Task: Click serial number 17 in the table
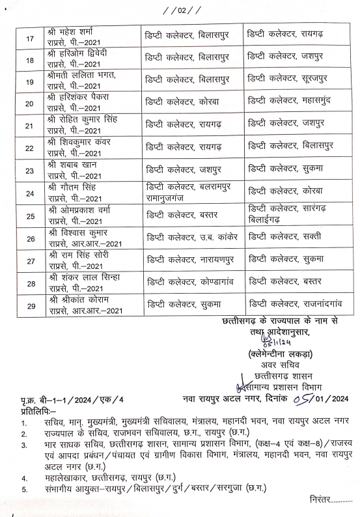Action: click(x=29, y=38)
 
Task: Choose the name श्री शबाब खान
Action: click(x=72, y=166)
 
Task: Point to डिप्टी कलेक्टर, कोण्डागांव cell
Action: click(x=188, y=282)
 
